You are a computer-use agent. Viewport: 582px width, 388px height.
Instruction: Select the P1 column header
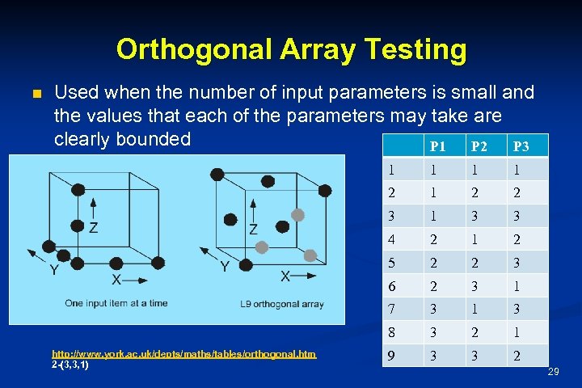(x=437, y=147)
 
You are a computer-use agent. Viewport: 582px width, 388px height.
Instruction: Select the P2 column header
(x=479, y=147)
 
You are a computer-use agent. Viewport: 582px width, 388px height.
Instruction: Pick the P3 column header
(x=521, y=147)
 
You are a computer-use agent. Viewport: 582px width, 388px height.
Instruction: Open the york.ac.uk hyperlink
(x=183, y=354)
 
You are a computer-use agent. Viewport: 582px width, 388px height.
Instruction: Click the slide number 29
(x=553, y=371)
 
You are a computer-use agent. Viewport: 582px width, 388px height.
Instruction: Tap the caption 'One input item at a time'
(x=116, y=303)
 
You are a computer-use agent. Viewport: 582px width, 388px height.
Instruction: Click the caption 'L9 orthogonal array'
(x=281, y=304)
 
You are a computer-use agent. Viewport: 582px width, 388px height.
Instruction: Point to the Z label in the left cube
(x=94, y=228)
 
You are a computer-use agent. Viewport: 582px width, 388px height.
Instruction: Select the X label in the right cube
(x=285, y=276)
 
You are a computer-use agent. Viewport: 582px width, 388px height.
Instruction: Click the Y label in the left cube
(x=53, y=268)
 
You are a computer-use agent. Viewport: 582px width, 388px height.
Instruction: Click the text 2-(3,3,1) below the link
(x=70, y=365)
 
